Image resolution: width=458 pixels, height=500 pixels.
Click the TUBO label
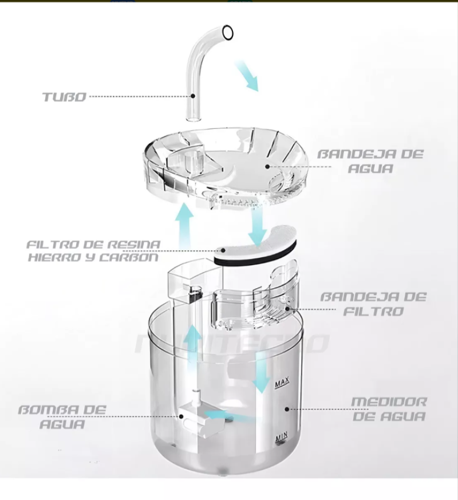[64, 96]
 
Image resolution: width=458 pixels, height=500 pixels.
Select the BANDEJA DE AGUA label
[370, 161]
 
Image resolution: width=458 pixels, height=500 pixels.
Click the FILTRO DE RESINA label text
[93, 245]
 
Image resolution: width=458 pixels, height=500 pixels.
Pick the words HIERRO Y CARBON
[93, 257]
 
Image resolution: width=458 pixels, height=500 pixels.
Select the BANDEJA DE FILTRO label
[373, 304]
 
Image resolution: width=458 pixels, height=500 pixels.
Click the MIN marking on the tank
[281, 438]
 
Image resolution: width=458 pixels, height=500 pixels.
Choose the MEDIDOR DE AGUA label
[389, 409]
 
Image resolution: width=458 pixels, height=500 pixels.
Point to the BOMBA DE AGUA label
[62, 416]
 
